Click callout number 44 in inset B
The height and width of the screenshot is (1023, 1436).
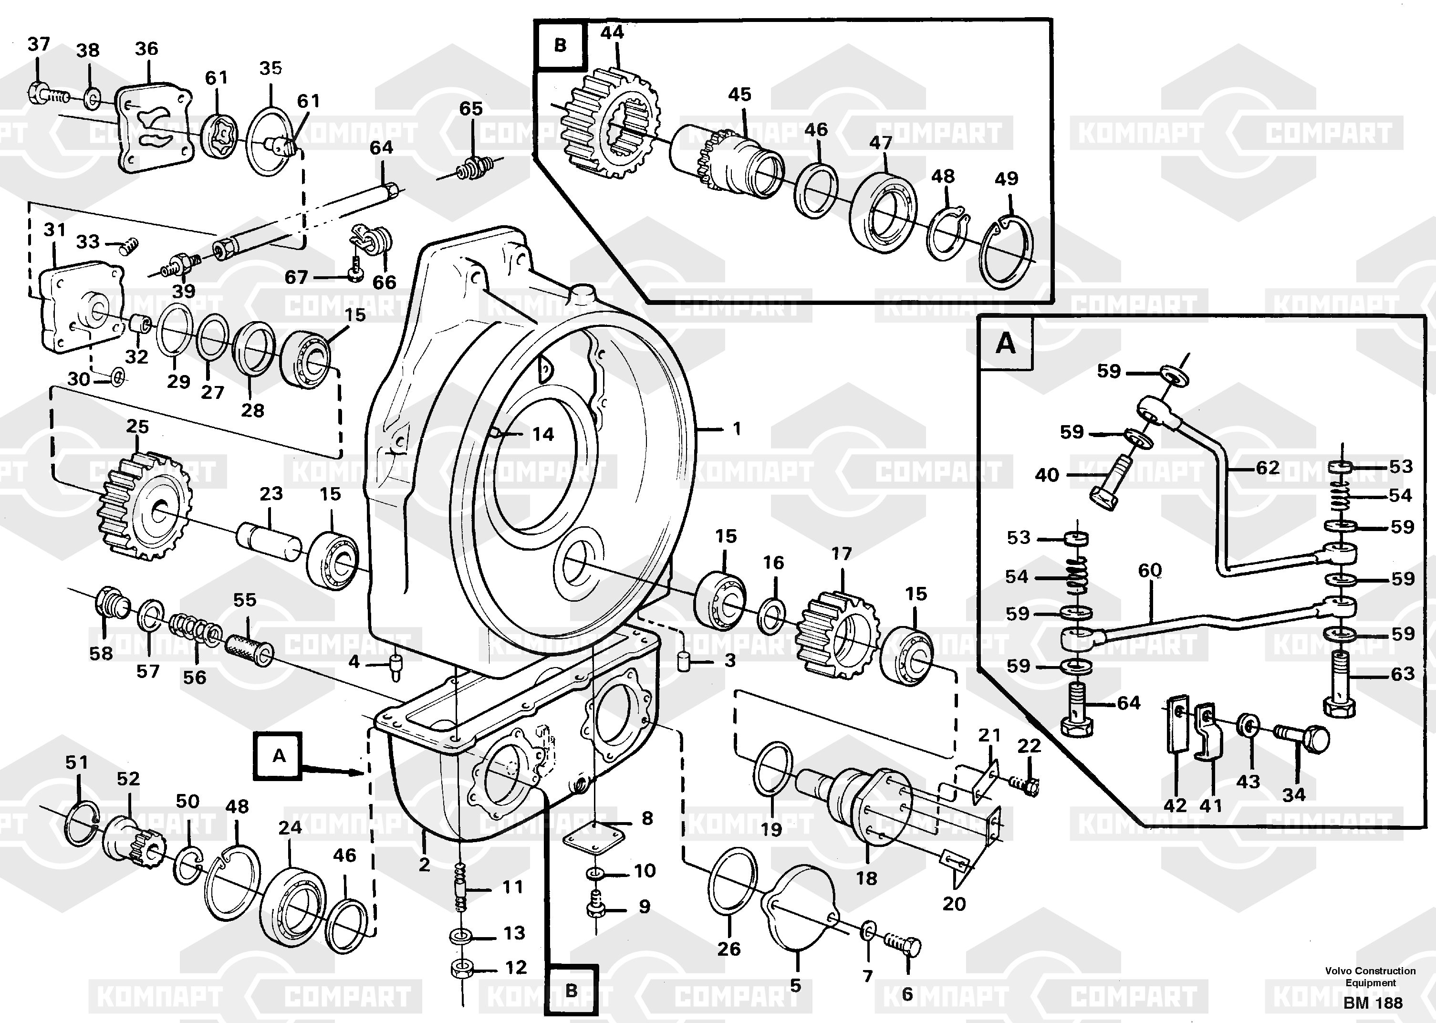[612, 33]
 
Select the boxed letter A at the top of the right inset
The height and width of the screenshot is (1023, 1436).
[1005, 344]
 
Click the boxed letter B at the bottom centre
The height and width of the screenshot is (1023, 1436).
[571, 990]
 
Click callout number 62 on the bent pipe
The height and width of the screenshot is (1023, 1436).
[1267, 468]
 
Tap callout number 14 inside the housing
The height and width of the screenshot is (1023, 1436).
[542, 434]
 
